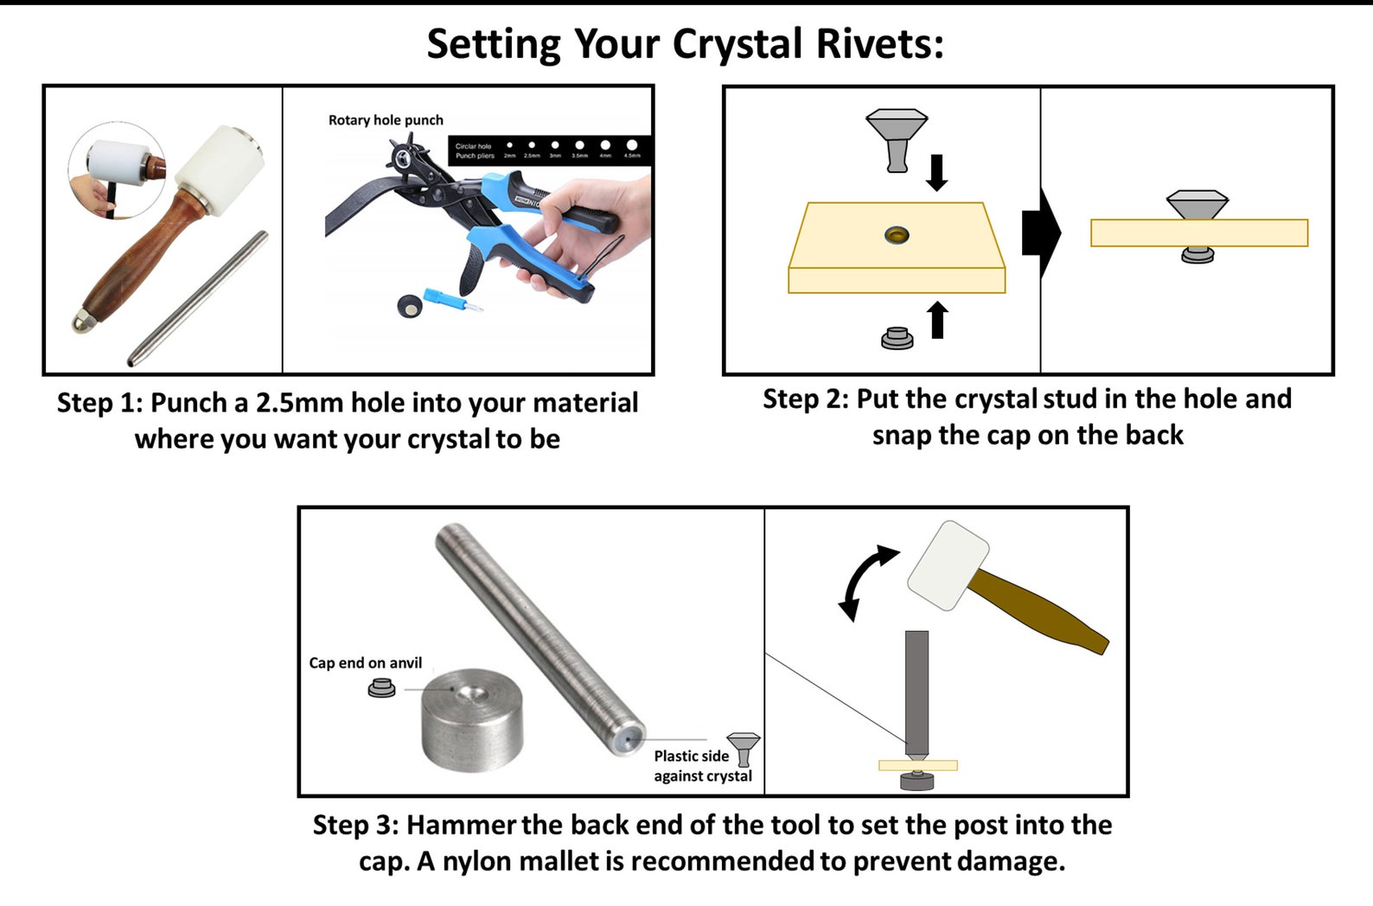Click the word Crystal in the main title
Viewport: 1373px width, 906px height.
(738, 44)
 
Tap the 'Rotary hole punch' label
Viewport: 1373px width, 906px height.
(386, 120)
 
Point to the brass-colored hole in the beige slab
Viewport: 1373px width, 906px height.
(897, 234)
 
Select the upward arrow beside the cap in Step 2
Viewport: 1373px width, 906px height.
(937, 320)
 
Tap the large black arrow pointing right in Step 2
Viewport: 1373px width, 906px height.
(1040, 233)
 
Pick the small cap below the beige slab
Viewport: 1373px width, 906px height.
(897, 338)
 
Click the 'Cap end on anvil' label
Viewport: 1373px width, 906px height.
(366, 663)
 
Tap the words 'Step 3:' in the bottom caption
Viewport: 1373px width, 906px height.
(355, 825)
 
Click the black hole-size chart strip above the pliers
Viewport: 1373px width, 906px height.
(549, 150)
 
